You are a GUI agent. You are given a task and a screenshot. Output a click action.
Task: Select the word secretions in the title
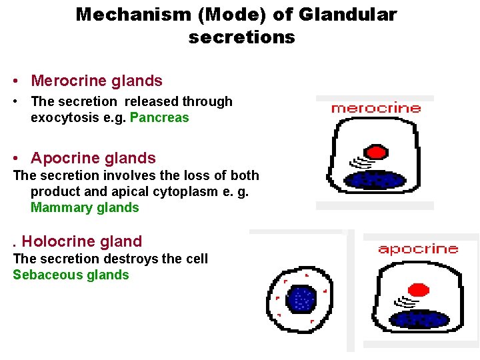click(x=241, y=37)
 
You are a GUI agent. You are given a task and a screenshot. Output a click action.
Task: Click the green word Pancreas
click(x=159, y=118)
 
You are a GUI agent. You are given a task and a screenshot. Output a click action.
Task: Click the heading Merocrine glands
click(x=96, y=81)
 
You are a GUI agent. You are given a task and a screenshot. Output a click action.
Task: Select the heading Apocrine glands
click(x=93, y=159)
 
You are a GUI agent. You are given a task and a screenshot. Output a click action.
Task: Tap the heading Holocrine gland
click(x=82, y=241)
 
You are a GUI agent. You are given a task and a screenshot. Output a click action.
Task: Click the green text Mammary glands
click(x=85, y=207)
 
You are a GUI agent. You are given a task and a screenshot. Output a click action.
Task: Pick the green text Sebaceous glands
click(x=71, y=275)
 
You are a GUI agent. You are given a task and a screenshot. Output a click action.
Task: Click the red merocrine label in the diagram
click(x=376, y=108)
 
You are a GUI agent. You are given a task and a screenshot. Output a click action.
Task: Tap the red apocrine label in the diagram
click(x=418, y=249)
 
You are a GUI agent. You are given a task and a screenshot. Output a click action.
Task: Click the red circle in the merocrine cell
click(x=377, y=152)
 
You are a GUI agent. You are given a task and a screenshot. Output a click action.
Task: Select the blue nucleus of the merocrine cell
click(x=375, y=180)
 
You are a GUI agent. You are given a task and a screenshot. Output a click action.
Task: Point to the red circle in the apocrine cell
click(x=418, y=291)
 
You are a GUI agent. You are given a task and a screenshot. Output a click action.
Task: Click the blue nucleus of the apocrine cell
click(x=418, y=319)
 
